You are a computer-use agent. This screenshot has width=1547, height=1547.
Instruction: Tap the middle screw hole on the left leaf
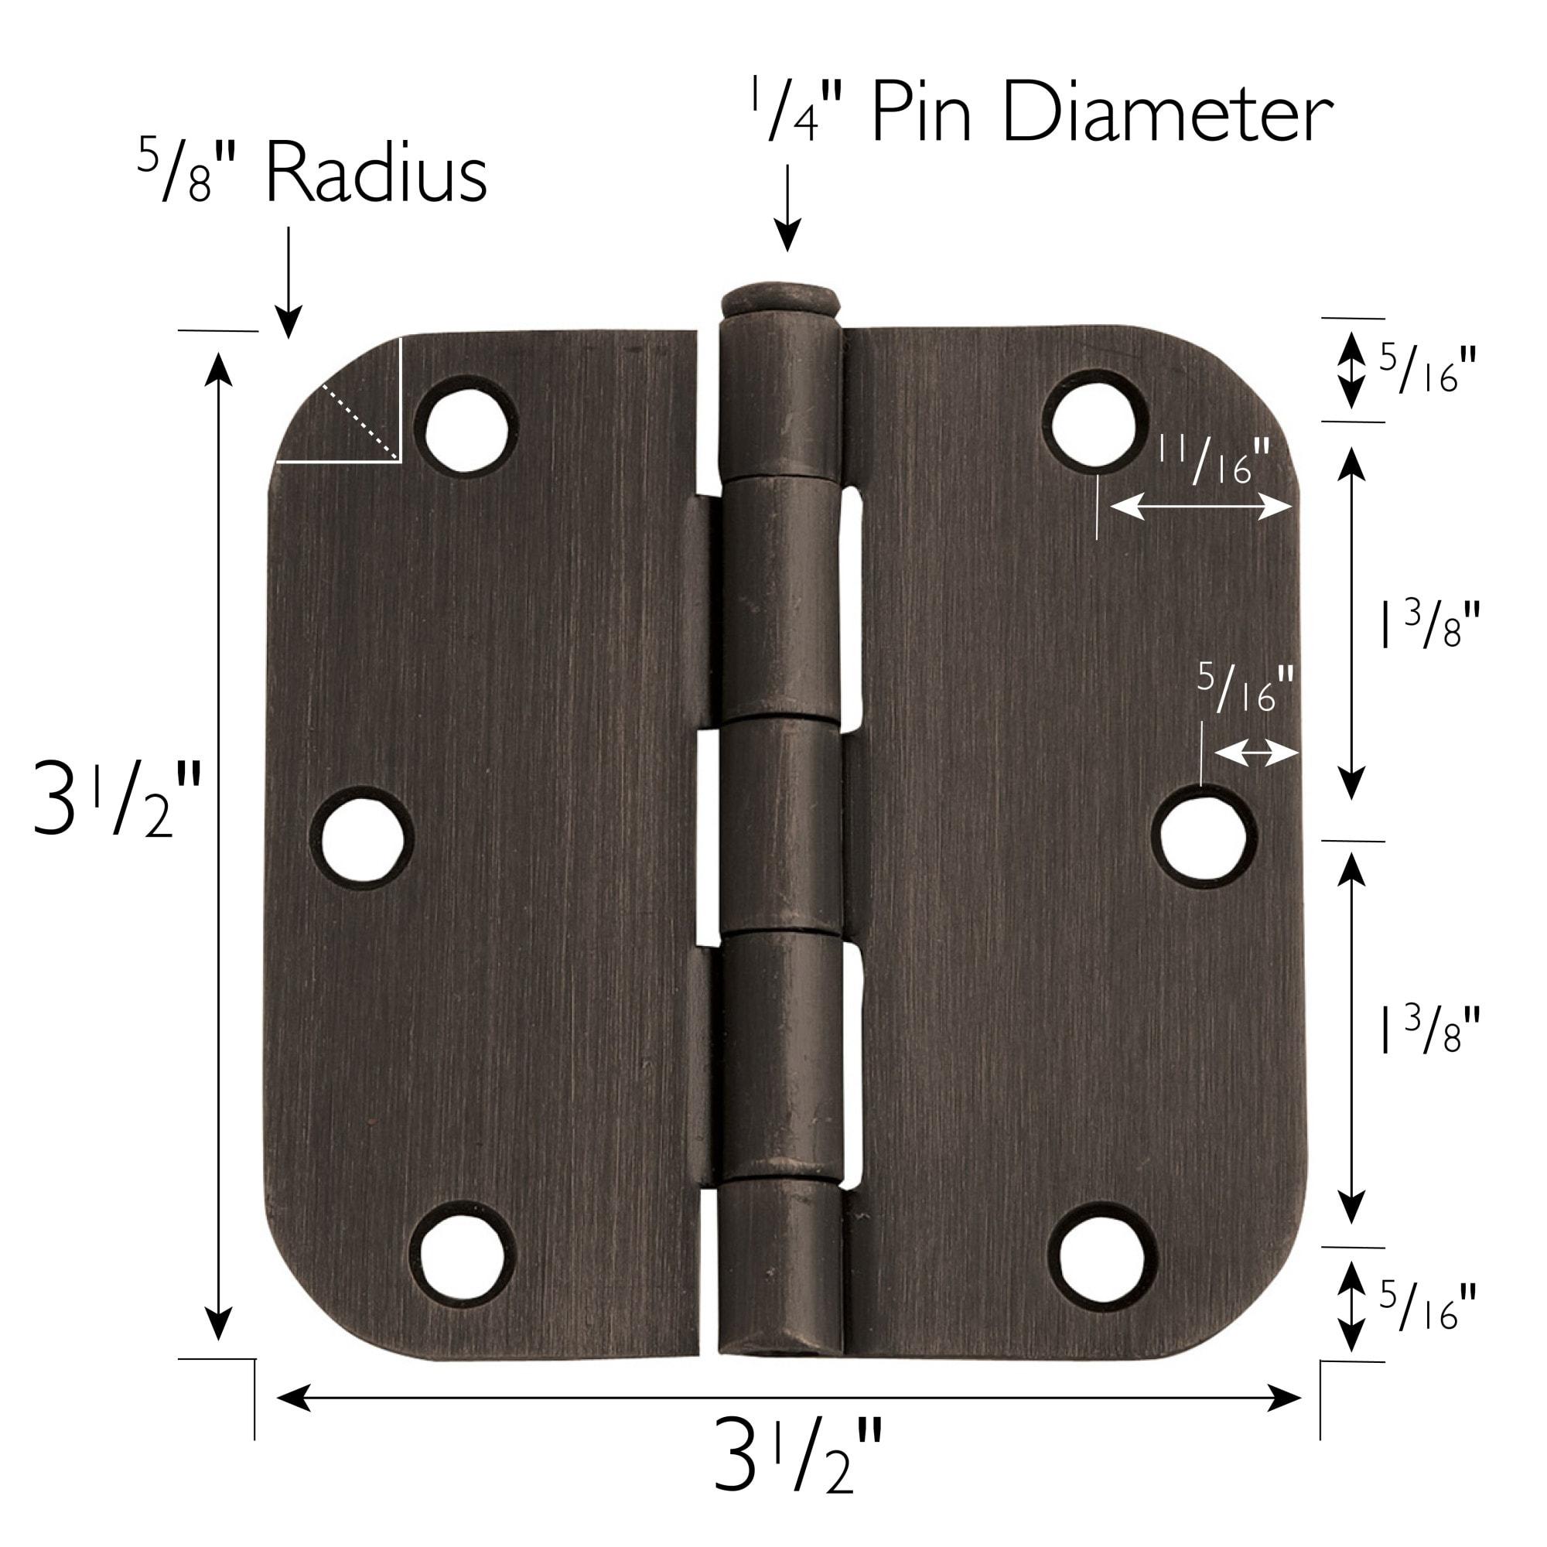(x=361, y=837)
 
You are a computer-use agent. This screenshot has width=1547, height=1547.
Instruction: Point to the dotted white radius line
(x=360, y=420)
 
